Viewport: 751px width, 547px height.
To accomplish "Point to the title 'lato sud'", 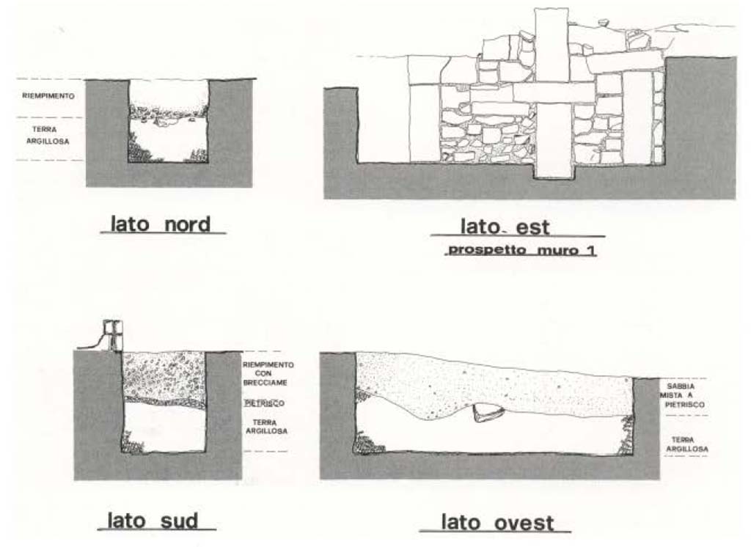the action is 153,521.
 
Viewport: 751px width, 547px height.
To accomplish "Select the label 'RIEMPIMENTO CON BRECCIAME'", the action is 269,375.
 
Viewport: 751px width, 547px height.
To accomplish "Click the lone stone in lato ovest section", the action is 488,414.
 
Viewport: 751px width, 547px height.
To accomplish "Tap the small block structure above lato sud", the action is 113,335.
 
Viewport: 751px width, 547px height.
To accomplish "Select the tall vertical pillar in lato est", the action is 552,92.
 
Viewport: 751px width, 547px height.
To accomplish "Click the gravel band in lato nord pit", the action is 167,112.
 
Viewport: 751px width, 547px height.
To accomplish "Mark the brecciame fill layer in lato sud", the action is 163,375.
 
